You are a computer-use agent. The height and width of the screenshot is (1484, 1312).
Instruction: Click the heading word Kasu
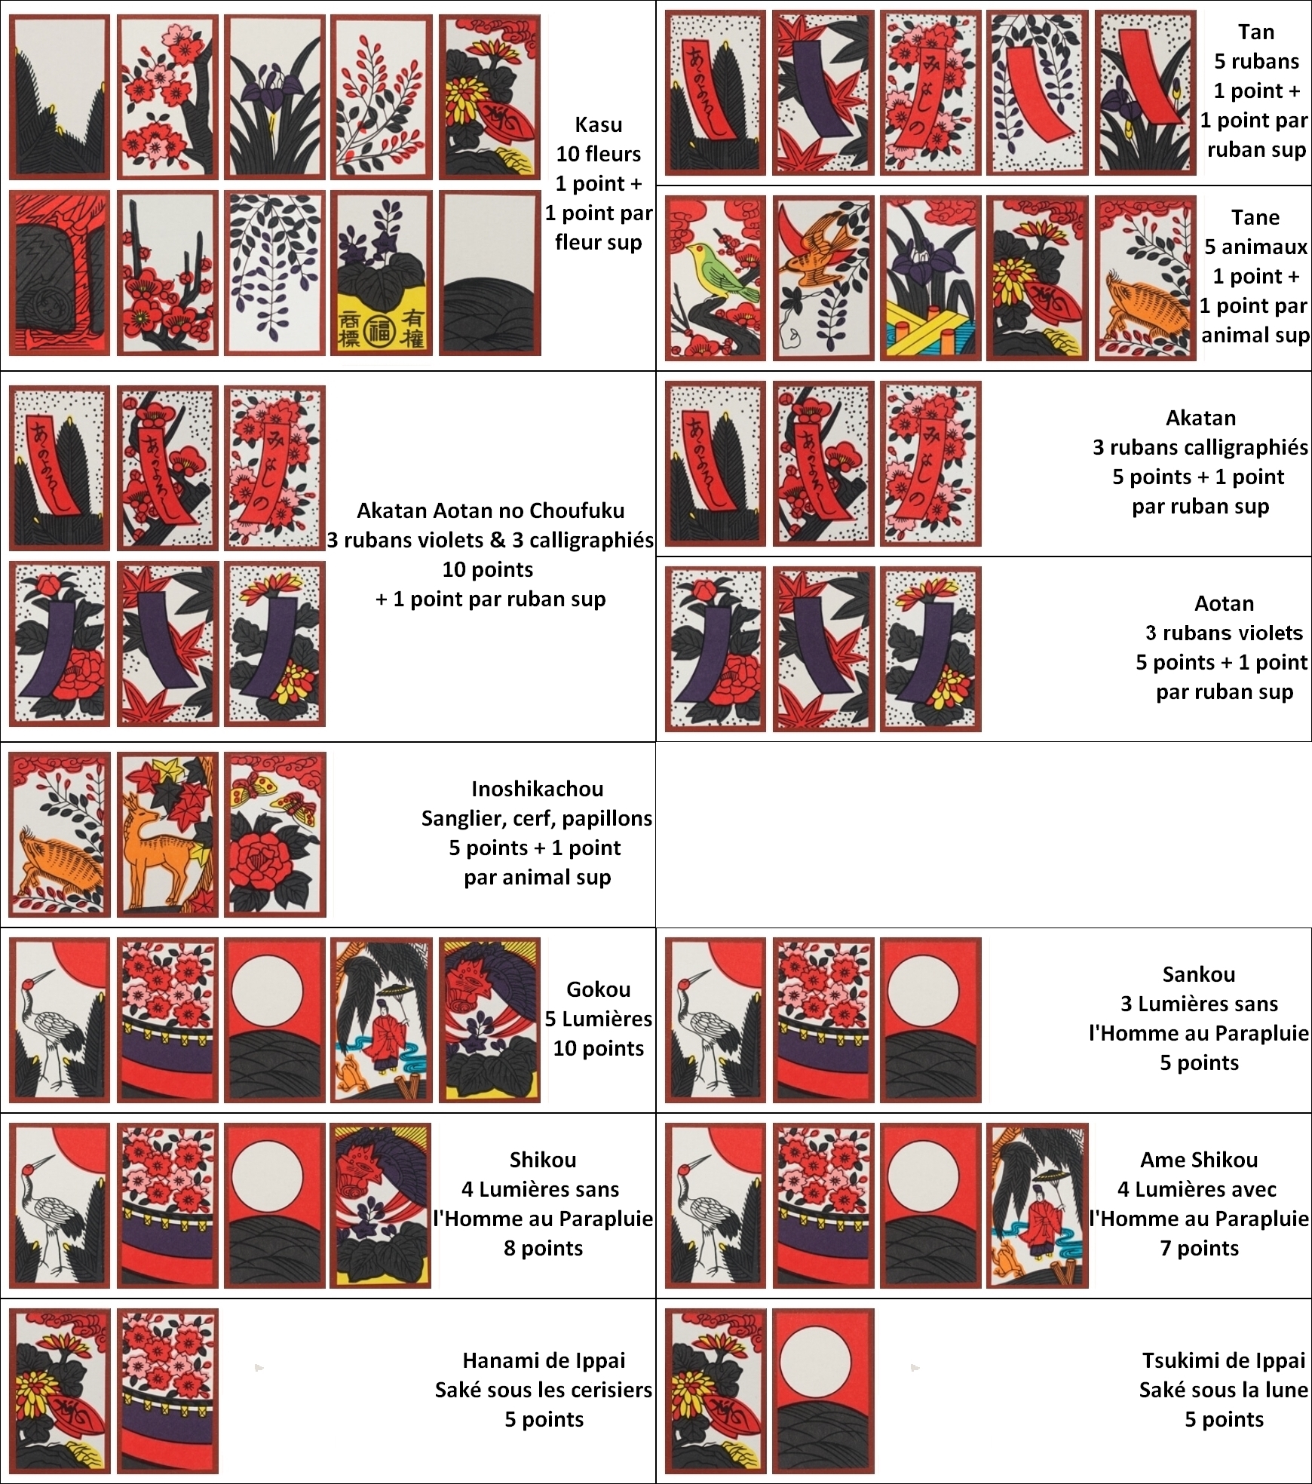598,124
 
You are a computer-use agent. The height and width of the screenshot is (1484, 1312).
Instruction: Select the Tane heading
1255,217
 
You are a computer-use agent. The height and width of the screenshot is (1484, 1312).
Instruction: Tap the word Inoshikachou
537,789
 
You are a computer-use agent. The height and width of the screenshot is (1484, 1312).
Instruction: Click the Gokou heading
598,989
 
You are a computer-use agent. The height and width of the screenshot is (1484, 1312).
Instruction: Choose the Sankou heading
1198,974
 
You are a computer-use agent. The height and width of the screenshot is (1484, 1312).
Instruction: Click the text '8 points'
543,1248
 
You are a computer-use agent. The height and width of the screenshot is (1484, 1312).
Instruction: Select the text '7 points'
1199,1248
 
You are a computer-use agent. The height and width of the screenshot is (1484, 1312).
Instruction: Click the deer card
167,835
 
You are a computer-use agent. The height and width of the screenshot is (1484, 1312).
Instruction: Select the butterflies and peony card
275,835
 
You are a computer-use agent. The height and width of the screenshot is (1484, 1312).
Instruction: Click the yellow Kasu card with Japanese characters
382,272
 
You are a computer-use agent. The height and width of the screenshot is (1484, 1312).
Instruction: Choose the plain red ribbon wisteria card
1038,93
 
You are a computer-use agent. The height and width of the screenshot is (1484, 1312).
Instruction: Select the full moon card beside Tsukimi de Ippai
823,1390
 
